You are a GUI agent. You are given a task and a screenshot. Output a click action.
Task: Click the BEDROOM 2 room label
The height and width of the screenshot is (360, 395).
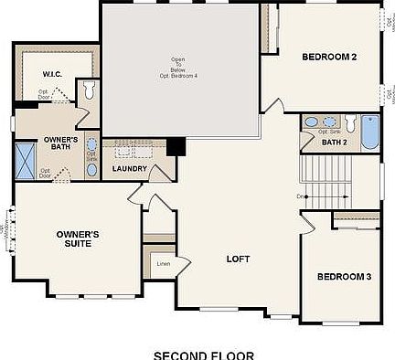pyautogui.click(x=328, y=58)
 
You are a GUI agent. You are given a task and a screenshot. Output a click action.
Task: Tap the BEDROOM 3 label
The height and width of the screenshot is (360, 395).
pyautogui.click(x=343, y=276)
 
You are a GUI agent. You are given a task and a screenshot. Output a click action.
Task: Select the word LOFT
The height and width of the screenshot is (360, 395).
pyautogui.click(x=238, y=259)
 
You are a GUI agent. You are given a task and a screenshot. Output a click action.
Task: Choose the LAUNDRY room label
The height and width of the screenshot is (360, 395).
pyautogui.click(x=130, y=169)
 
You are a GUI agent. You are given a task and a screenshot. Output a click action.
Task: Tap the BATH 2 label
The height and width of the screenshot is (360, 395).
pyautogui.click(x=334, y=142)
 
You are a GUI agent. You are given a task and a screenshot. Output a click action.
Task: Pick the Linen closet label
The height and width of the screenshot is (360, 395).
pyautogui.click(x=164, y=264)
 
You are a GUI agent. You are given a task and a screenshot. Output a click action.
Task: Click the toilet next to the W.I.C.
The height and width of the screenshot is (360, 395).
pyautogui.click(x=89, y=90)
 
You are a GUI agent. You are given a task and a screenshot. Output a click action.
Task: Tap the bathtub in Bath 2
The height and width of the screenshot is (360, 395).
pyautogui.click(x=369, y=132)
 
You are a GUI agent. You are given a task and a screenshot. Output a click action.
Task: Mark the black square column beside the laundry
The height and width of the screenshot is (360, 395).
pyautogui.click(x=176, y=147)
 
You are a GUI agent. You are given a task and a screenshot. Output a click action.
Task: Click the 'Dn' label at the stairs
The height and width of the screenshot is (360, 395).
pyautogui.click(x=299, y=196)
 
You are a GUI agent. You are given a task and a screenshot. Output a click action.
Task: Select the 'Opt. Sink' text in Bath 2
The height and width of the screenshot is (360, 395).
pyautogui.click(x=330, y=132)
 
